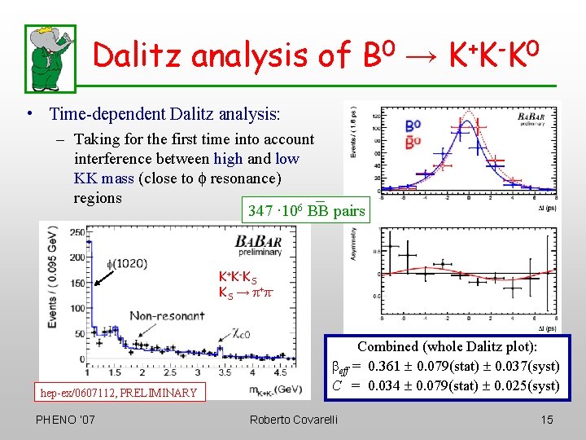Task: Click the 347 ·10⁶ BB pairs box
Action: pyautogui.click(x=306, y=210)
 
